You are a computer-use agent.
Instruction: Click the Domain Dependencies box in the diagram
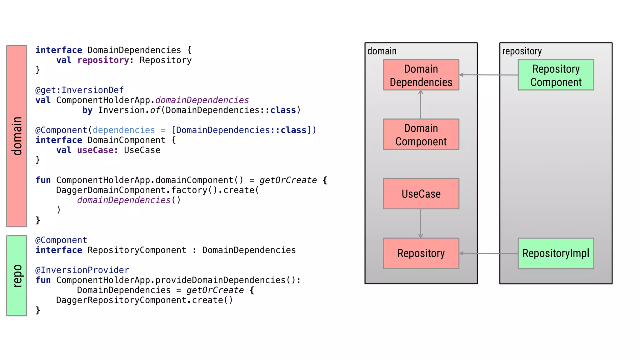[x=421, y=75]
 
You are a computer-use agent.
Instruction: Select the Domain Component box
[x=421, y=134]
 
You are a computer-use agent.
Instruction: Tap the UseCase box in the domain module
[x=421, y=194]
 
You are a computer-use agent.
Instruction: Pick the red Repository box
[x=421, y=253]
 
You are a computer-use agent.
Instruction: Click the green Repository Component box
[x=556, y=75]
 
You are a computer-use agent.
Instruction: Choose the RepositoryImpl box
[x=556, y=253]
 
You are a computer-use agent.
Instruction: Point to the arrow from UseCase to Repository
[x=421, y=223]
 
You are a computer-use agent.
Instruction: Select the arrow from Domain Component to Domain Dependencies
[x=421, y=105]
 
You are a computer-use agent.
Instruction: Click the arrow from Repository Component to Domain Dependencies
[x=488, y=75]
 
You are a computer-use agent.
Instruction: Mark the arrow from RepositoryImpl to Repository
[x=488, y=253]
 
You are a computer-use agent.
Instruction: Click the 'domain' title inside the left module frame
[x=382, y=51]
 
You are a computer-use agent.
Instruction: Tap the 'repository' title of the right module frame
[x=522, y=51]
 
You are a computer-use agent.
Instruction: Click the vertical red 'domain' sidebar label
[x=17, y=136]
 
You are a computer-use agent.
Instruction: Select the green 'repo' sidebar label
[x=17, y=276]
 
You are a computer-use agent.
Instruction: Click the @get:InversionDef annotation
[x=79, y=90]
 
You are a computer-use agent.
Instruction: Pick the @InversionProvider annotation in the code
[x=82, y=270]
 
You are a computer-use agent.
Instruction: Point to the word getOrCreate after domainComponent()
[x=288, y=180]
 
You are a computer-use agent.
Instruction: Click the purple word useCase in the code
[x=95, y=150]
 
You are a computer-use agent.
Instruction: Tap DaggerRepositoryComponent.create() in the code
[x=144, y=300]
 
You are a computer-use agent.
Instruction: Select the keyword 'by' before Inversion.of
[x=87, y=110]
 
